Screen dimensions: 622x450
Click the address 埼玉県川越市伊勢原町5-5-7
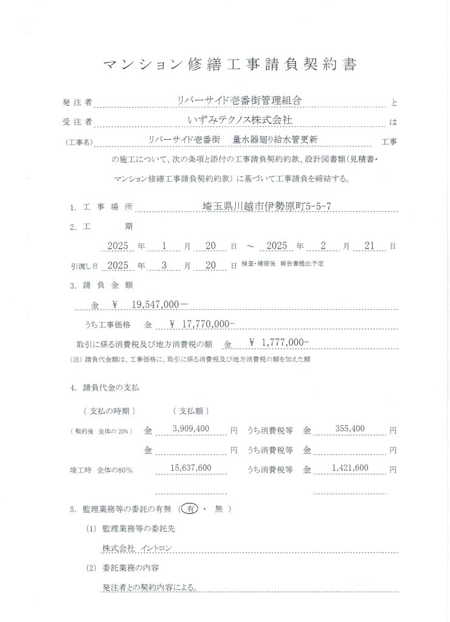[x=266, y=206]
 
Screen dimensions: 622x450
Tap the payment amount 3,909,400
[x=191, y=429]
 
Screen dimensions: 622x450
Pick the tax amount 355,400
[x=349, y=429]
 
